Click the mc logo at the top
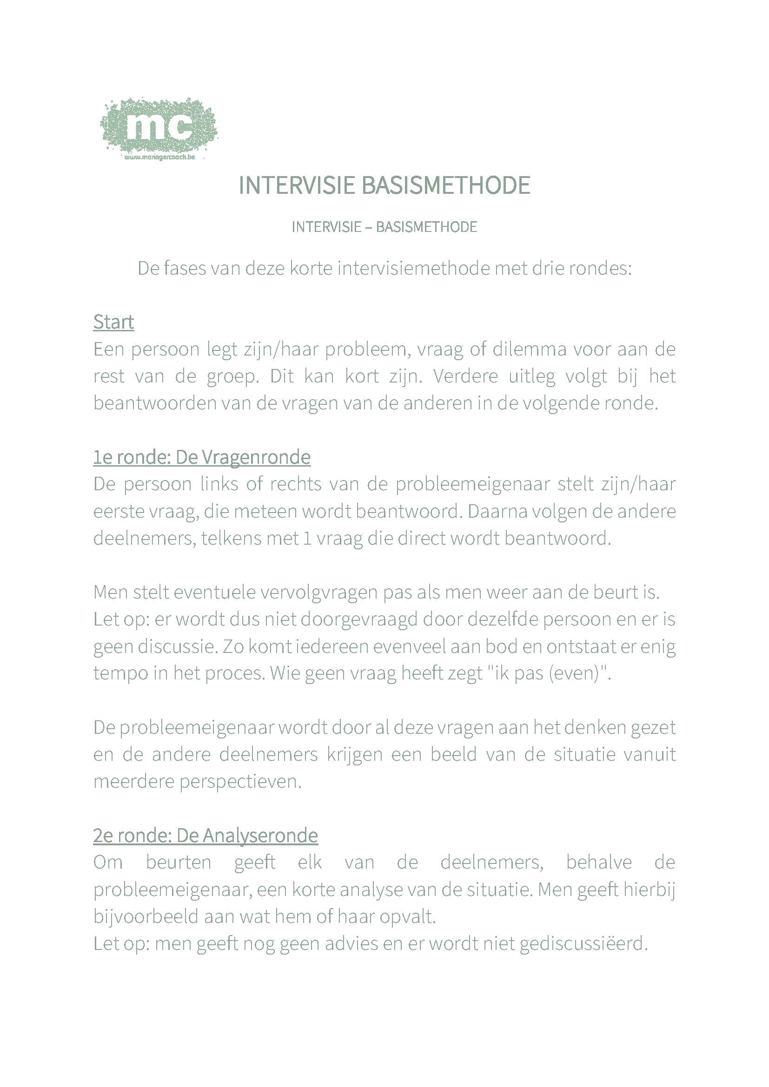click(x=159, y=125)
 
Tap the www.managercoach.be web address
click(x=159, y=157)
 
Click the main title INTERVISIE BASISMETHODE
click(x=384, y=185)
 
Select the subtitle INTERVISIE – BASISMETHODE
click(x=384, y=227)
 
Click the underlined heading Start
click(x=113, y=323)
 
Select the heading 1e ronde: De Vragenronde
click(x=202, y=457)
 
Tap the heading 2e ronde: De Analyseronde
click(x=205, y=836)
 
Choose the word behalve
click(x=599, y=862)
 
